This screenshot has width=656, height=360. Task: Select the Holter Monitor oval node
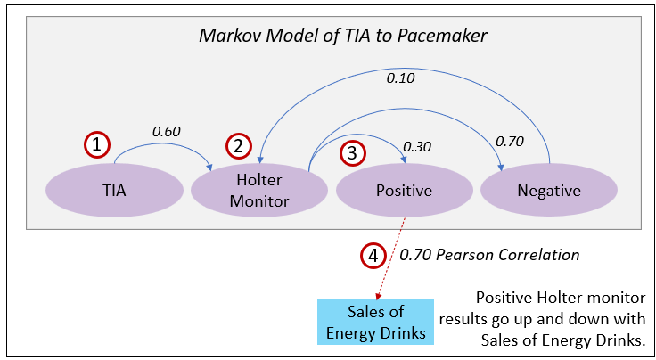coord(258,191)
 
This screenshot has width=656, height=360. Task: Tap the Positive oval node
coord(404,191)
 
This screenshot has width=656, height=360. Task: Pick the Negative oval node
coord(549,191)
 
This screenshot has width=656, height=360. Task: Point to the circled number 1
coord(98,143)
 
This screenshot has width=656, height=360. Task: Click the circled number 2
coord(239,144)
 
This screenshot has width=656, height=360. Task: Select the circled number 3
coord(353,152)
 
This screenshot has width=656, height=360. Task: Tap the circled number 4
coord(373,256)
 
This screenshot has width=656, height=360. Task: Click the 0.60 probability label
coord(166,131)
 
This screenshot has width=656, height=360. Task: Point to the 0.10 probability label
coord(400,78)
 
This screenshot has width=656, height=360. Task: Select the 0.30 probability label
coord(417,146)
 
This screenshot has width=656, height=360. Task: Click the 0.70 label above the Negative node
coord(509,141)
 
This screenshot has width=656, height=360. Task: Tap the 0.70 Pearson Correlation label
coord(488,256)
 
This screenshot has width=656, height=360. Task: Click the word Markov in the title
coord(226,37)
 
